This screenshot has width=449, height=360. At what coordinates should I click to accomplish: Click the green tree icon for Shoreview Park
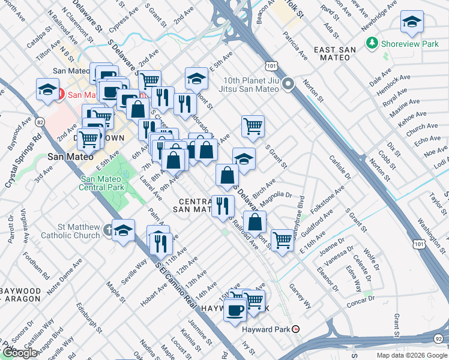pos(372,43)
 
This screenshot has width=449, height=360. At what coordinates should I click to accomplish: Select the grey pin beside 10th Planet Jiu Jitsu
pos(288,84)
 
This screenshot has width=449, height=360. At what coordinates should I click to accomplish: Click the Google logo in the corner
pos(19,353)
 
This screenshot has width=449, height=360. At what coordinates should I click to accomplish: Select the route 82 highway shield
pos(40,122)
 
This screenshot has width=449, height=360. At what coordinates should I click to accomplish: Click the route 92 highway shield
pos(442,338)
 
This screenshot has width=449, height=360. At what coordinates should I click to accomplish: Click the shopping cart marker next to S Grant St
pos(253,126)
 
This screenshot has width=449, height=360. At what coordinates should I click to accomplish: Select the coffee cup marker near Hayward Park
pos(235,310)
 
